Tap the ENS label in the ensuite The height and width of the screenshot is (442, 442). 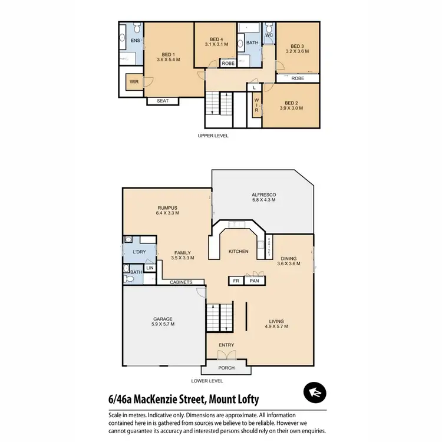(135, 41)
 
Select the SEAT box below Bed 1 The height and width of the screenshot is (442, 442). (163, 101)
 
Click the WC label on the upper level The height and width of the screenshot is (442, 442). (269, 36)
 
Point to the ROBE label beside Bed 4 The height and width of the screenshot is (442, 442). (227, 63)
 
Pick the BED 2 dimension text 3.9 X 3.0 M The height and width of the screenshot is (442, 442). (291, 108)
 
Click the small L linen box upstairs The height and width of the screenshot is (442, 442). (253, 88)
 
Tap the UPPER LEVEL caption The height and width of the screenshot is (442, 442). (213, 136)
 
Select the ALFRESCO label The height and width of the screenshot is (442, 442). (264, 194)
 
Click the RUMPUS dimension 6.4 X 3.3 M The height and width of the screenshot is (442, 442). (167, 214)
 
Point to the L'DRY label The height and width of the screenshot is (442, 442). (139, 252)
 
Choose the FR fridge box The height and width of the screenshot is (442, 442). (236, 281)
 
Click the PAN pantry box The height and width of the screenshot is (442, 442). (255, 281)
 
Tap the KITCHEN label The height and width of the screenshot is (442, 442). (238, 252)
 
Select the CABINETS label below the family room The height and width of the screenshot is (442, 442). (181, 282)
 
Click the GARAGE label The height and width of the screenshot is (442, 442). (163, 319)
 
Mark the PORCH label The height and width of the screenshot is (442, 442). (226, 368)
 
